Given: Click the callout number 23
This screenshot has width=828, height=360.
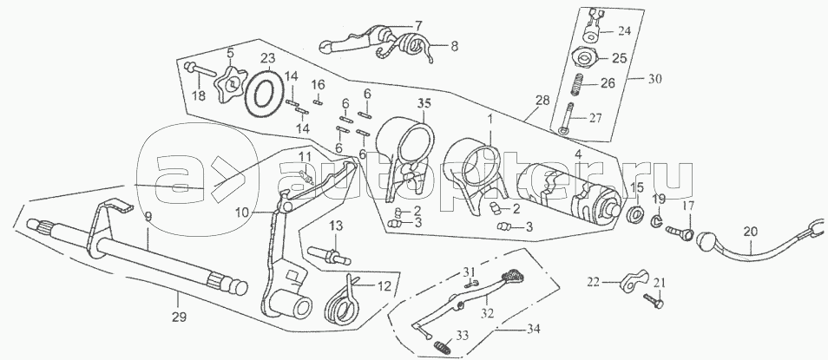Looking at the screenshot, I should point(267,59).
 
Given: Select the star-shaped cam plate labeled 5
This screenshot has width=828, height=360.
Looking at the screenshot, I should point(230,82).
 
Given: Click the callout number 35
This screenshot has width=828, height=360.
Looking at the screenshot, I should point(424,104).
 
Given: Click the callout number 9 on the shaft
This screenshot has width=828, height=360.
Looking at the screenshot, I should point(148,215).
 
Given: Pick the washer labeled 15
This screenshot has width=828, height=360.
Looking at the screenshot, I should point(634,213).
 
